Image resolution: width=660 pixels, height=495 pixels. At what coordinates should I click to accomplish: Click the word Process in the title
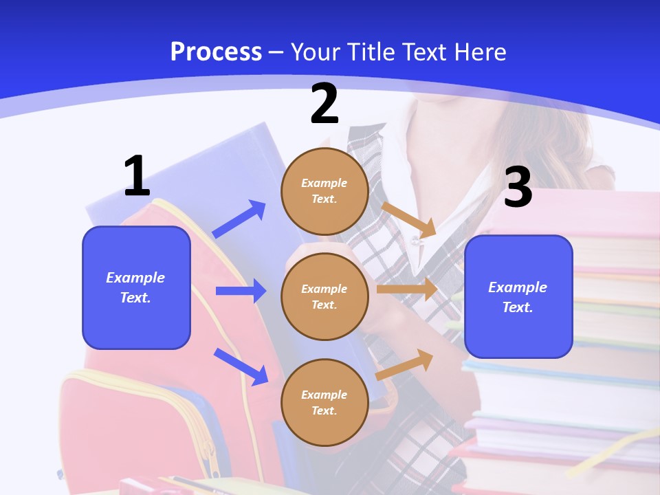click(x=216, y=52)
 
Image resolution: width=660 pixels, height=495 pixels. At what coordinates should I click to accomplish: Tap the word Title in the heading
click(x=371, y=52)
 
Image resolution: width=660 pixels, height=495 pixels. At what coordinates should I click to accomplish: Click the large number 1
click(x=137, y=177)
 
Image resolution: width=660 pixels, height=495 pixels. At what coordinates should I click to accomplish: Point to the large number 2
click(x=324, y=104)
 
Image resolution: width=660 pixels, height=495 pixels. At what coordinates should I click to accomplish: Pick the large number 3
click(x=518, y=187)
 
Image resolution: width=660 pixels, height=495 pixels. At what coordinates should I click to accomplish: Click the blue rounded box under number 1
click(x=136, y=287)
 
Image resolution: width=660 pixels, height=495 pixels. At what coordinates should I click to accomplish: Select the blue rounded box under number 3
click(x=518, y=296)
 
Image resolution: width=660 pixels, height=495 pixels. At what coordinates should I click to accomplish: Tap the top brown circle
click(x=324, y=191)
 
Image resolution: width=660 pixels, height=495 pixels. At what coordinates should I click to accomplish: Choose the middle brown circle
click(x=324, y=296)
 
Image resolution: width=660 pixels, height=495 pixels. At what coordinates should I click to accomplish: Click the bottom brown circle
click(x=324, y=402)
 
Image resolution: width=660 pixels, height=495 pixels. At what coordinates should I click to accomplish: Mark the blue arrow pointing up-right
click(x=239, y=219)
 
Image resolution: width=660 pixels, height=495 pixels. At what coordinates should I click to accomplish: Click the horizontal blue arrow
click(x=241, y=291)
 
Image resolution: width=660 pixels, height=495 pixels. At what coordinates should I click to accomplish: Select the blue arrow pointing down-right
click(x=241, y=366)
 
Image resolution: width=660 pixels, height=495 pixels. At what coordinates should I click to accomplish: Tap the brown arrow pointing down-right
click(x=408, y=219)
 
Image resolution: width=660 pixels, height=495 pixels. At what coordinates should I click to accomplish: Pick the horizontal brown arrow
click(x=407, y=289)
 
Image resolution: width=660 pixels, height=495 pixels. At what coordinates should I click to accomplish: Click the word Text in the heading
click(x=428, y=52)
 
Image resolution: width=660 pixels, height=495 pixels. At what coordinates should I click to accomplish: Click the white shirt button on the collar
click(x=414, y=241)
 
